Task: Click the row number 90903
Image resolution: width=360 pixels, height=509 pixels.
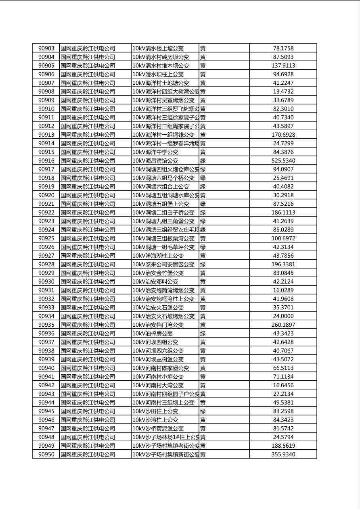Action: [46, 48]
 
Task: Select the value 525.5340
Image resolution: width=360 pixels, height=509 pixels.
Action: [283, 161]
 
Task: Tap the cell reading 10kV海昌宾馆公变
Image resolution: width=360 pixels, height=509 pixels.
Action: [155, 161]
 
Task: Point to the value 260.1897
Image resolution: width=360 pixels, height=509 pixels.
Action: [283, 325]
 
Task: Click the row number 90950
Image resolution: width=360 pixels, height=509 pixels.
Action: [46, 455]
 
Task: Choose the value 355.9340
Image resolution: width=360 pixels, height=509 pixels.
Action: [283, 455]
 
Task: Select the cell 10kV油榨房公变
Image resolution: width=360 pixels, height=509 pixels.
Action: [153, 334]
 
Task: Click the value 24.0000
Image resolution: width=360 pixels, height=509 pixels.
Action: [283, 316]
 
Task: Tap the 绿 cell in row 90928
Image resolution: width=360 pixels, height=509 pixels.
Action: [203, 265]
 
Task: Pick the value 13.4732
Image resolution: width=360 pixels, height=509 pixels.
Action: [283, 92]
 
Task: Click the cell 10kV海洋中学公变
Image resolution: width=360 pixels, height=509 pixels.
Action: [155, 152]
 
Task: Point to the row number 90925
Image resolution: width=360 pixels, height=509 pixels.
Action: [46, 238]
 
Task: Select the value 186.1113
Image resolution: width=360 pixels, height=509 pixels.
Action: [283, 213]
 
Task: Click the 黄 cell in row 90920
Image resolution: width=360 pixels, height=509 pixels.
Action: [203, 195]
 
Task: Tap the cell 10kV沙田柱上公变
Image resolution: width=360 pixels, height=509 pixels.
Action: [155, 411]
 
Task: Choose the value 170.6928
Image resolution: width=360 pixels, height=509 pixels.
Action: [283, 135]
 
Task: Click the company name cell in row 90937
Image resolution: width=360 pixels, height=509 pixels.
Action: [88, 342]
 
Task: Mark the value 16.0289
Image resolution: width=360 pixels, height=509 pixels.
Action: [283, 290]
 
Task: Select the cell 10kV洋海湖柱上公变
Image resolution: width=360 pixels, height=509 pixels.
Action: [158, 256]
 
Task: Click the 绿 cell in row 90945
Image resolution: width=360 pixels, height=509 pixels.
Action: [203, 411]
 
